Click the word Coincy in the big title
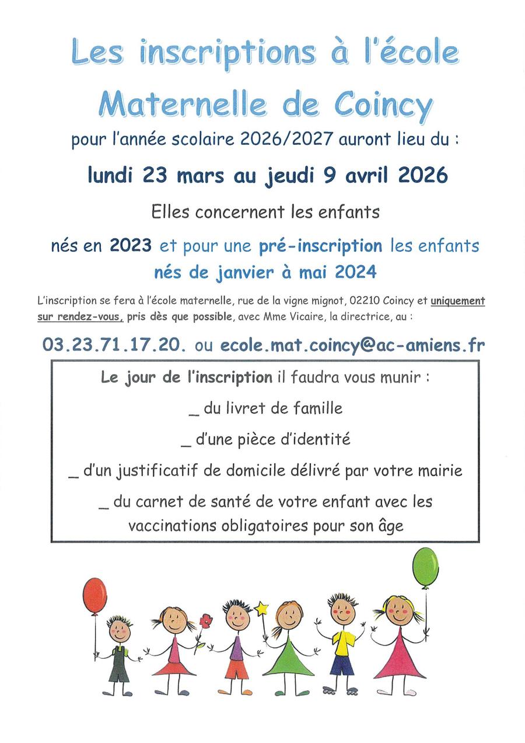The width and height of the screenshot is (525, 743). click(x=383, y=106)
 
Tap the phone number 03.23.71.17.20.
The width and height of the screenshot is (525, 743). click(x=114, y=345)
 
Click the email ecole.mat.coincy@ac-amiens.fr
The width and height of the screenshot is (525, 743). click(x=352, y=345)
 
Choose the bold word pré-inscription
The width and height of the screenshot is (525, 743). click(x=321, y=246)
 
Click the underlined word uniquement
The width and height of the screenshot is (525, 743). click(x=458, y=301)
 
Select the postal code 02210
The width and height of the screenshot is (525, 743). click(x=363, y=301)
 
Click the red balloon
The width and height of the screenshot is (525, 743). click(x=94, y=595)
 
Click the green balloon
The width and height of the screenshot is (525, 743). click(x=425, y=567)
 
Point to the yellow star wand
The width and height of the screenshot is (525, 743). click(x=261, y=609)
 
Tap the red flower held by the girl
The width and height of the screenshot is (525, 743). click(x=205, y=621)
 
